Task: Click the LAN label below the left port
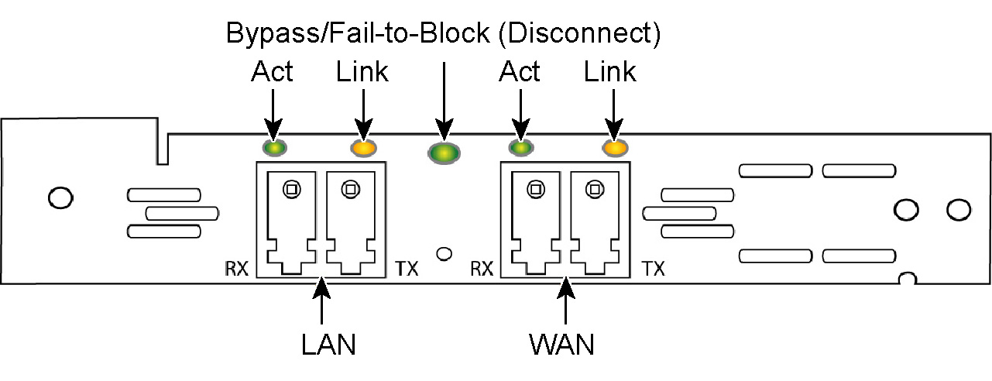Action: coord(328,343)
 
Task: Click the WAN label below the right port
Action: coord(562,343)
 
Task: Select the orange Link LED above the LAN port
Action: coord(363,147)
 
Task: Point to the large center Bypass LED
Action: coord(443,153)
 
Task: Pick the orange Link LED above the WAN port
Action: coord(614,147)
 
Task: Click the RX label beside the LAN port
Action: coord(236,269)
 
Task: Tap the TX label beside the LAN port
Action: coord(407,269)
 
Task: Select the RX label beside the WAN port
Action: coord(482,269)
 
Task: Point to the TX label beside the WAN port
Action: coord(654,269)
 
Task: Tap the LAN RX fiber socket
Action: coord(290,221)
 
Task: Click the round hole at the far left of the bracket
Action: coord(60,197)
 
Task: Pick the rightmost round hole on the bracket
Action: coord(959,208)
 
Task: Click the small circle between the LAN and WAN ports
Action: coord(445,253)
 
